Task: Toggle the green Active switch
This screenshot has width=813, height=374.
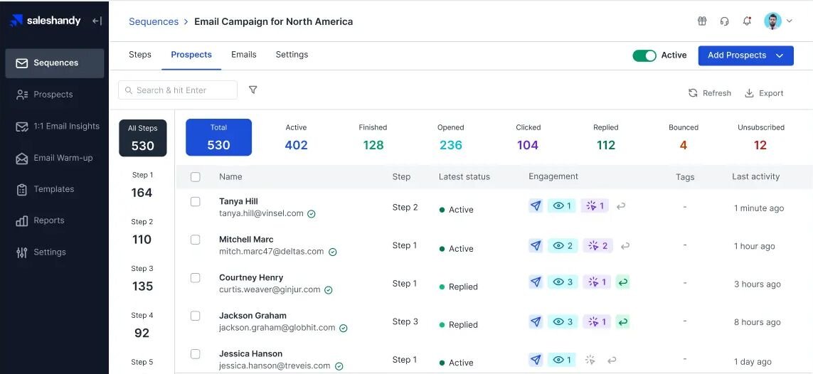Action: coord(644,55)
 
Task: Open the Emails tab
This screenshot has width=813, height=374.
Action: coord(244,54)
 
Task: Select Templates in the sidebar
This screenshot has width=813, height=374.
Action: coord(54,189)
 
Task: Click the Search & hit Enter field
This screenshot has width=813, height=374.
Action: coord(178,90)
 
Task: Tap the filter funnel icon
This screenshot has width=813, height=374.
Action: coord(253,90)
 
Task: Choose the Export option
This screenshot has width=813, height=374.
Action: coord(764,93)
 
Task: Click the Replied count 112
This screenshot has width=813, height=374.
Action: coord(605,145)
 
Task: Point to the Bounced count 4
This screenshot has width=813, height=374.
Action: coord(684,145)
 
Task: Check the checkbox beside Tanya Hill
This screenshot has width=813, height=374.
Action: coord(196,201)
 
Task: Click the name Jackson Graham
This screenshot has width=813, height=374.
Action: coord(253,316)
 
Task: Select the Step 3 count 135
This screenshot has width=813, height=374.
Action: coord(142,286)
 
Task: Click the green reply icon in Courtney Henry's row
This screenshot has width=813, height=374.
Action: coord(622,282)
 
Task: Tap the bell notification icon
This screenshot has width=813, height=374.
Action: coord(747,21)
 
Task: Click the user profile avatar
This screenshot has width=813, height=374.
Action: coord(772,21)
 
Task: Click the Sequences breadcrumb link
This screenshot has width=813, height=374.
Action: coord(154,22)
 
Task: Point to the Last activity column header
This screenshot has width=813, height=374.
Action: coord(755,176)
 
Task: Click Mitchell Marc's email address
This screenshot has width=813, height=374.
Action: coord(271,251)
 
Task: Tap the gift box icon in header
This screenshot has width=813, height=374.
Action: coord(702,21)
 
